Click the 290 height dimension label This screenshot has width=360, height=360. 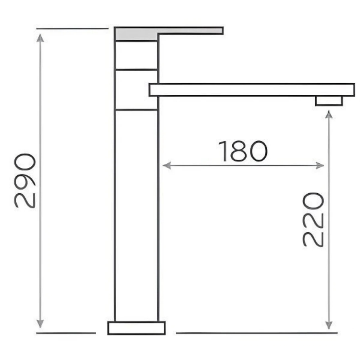click(x=25, y=181)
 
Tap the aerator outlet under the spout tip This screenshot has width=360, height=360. click(x=329, y=101)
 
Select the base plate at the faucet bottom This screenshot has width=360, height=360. click(x=136, y=328)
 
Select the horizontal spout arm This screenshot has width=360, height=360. click(x=252, y=90)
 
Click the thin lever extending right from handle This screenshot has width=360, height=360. click(x=191, y=31)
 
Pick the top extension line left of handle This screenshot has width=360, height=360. click(x=72, y=28)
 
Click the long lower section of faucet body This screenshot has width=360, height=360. click(x=136, y=216)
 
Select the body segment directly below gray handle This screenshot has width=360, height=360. click(x=136, y=55)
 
